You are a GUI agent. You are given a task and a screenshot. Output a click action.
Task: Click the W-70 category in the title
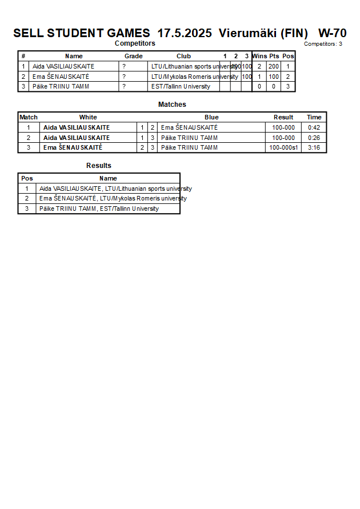coord(332,33)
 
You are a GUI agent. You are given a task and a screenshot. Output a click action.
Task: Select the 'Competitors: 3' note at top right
coord(323,44)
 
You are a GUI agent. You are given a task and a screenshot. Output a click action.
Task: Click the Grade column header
coord(133,56)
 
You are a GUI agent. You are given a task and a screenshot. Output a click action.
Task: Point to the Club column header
coord(183,56)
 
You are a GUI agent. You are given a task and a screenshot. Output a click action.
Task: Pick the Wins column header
coord(259,56)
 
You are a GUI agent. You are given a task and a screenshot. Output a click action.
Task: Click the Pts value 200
coord(274,66)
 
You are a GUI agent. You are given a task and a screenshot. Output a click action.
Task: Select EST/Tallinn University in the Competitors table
coord(181,87)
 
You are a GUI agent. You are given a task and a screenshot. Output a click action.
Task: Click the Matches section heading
coord(172,105)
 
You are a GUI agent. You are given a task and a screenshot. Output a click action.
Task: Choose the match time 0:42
coord(314,127)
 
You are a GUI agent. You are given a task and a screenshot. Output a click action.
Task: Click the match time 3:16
coord(314,148)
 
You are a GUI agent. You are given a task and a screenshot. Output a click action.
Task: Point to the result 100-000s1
coord(283,148)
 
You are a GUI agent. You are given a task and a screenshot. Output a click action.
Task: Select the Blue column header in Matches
coord(211,117)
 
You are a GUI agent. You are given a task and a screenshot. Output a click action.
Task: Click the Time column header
coord(314,117)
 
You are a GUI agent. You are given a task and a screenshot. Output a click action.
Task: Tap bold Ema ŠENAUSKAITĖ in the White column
coord(73,148)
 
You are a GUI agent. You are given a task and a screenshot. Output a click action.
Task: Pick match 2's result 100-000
coord(283,138)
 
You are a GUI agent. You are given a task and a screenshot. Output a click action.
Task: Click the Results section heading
coord(99,166)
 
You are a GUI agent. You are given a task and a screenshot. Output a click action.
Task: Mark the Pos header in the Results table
coord(27,178)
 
